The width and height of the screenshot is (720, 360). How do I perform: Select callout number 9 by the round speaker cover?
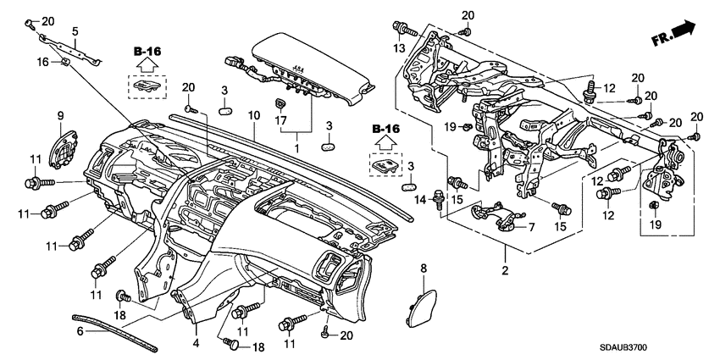click(60, 115)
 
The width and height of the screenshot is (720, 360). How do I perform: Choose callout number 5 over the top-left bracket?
click(75, 31)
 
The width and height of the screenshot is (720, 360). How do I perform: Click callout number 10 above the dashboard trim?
click(252, 115)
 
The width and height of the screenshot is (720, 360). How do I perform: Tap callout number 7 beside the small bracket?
click(531, 228)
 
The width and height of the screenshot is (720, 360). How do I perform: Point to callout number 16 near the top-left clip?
click(42, 62)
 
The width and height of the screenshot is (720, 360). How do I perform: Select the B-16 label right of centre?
click(385, 128)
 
